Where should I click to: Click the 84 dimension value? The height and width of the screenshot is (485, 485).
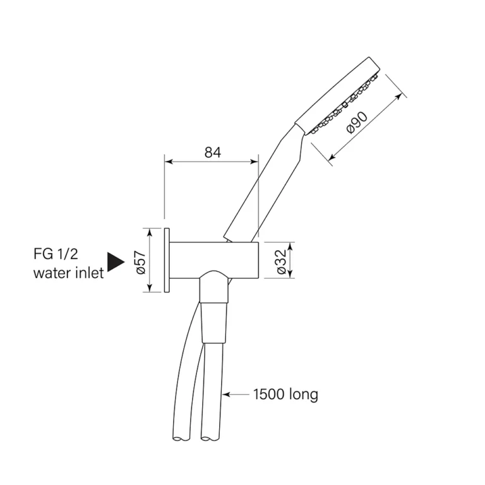point(213,152)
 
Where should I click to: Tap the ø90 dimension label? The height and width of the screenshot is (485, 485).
point(357,123)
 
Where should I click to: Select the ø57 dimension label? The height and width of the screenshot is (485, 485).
point(140,262)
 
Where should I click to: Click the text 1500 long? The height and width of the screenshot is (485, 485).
point(285,394)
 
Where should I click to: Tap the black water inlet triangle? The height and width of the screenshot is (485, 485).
point(116,262)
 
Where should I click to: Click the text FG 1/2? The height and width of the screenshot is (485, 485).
point(56,254)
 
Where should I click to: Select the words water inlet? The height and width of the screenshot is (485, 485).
point(68,273)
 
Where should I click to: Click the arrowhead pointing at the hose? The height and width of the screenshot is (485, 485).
point(226,394)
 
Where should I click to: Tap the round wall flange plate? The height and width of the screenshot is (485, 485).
point(167,260)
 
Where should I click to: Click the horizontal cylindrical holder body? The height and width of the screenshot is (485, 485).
point(214,260)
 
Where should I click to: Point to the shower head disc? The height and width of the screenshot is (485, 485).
point(337,96)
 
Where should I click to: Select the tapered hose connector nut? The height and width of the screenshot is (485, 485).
point(215,322)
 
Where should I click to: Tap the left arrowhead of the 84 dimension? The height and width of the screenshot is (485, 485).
point(168,162)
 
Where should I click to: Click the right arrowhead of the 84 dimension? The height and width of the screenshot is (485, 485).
point(254,162)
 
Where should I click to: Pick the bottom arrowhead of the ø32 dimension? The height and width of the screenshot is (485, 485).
point(290,274)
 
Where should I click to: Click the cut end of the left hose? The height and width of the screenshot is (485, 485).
point(181,438)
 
